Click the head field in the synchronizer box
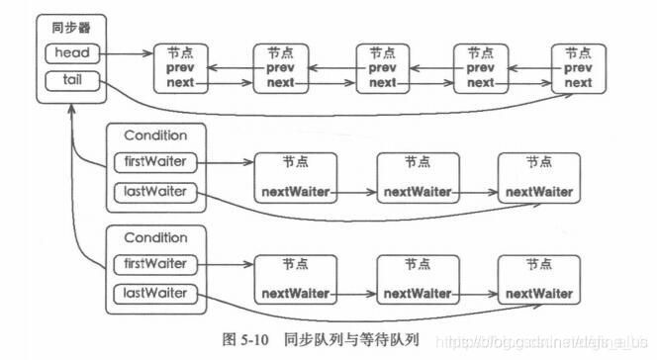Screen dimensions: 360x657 coord(74,52)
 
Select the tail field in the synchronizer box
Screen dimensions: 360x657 coord(74,77)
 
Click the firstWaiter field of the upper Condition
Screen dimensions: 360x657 coord(154,160)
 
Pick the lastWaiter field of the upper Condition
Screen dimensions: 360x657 coord(154,190)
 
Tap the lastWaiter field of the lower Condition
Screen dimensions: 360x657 coord(154,293)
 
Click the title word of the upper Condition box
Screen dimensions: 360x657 coord(154,135)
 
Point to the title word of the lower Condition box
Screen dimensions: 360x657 coord(154,237)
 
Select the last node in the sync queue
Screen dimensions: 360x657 coord(579,68)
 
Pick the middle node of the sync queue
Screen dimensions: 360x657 coord(382,68)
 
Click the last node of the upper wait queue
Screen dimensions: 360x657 coord(538,176)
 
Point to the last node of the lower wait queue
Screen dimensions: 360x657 coord(538,279)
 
